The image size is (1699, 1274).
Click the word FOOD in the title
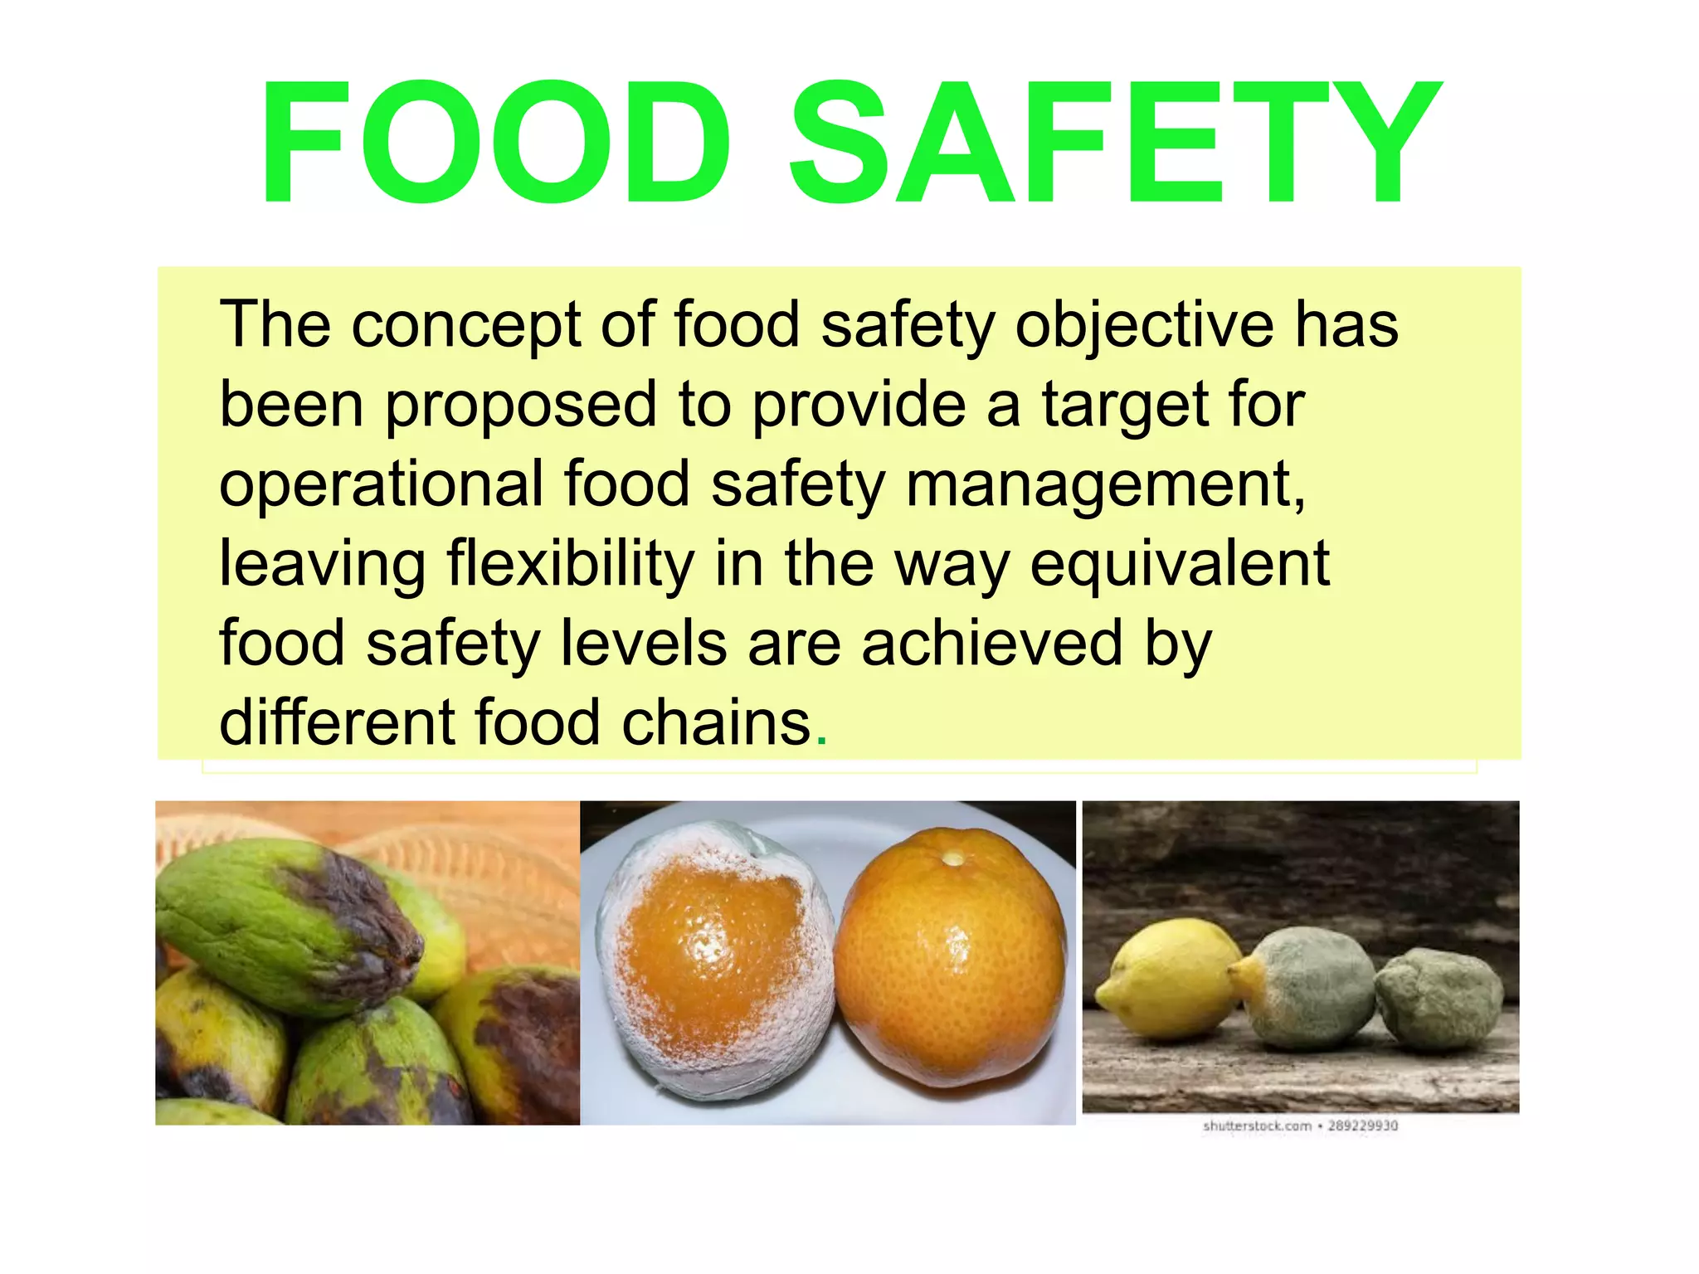(496, 143)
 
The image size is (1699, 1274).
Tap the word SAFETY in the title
(1113, 143)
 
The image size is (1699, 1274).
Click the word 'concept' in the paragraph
(465, 325)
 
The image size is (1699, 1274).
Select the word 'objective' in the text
(1144, 325)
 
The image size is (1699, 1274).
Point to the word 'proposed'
(521, 405)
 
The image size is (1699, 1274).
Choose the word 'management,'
(1106, 484)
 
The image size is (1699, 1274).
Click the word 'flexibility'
(571, 564)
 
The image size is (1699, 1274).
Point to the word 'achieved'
(992, 644)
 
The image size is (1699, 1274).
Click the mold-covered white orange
(713, 962)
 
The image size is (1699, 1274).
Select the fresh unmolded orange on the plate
(950, 954)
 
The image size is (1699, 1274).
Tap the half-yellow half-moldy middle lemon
(1307, 987)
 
